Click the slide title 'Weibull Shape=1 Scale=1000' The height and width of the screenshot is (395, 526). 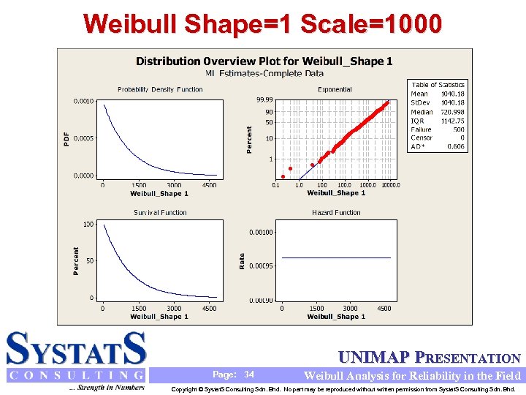tap(262, 23)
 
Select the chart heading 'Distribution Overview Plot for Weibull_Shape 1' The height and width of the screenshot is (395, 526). tap(264, 61)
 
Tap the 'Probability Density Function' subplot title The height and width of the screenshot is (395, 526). tap(160, 89)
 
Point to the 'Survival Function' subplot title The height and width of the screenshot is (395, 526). tap(160, 213)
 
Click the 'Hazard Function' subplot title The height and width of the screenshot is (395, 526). tap(336, 213)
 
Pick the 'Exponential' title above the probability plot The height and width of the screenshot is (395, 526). tap(335, 89)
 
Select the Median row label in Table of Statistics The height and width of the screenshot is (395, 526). tap(422, 112)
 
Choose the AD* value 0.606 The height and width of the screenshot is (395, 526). tap(455, 146)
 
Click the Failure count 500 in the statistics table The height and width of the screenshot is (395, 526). tap(457, 129)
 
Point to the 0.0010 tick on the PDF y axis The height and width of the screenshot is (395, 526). tap(83, 101)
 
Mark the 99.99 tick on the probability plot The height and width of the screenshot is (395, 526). tap(264, 99)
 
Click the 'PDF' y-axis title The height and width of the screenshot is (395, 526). tap(67, 138)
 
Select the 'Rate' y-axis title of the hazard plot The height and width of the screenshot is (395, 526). tap(243, 260)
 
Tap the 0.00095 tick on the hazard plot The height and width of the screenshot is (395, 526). tap(261, 266)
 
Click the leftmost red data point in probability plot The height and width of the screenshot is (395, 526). tap(283, 176)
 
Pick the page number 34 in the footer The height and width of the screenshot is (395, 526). tap(249, 375)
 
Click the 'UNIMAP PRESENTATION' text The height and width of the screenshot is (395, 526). tap(430, 358)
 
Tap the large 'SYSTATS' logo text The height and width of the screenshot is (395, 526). tap(76, 349)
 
